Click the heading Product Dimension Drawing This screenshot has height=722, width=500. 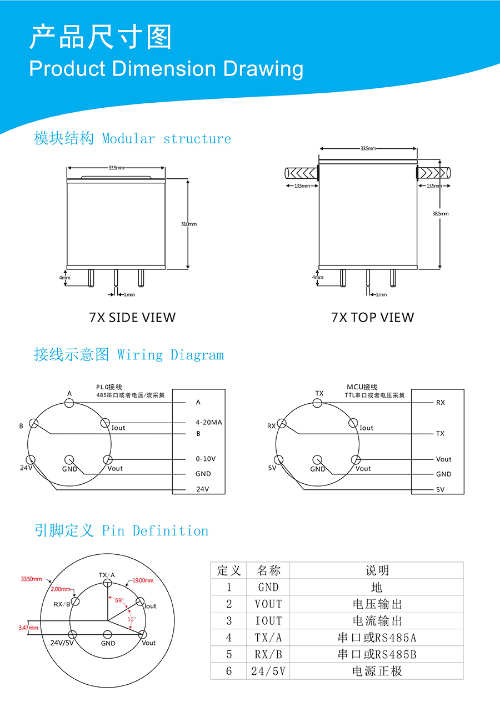(x=166, y=69)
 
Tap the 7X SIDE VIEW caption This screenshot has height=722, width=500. (x=132, y=318)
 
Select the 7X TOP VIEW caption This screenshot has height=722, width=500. (x=372, y=318)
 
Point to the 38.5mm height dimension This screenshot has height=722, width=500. (x=441, y=213)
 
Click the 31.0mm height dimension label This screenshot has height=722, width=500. (x=189, y=224)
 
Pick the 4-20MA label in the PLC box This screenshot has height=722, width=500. (x=209, y=422)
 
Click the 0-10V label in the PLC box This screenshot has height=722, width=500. (x=206, y=459)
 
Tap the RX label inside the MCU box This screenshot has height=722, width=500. (x=441, y=403)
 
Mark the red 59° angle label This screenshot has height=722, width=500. (x=119, y=600)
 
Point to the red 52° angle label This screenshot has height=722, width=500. (x=132, y=619)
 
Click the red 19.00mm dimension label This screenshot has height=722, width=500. (x=143, y=580)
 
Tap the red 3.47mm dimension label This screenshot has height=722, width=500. (x=28, y=628)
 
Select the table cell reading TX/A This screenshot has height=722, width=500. (x=268, y=638)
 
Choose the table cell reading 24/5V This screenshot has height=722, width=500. (x=268, y=671)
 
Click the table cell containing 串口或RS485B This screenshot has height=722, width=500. (x=377, y=654)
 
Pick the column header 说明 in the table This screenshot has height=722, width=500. (x=377, y=570)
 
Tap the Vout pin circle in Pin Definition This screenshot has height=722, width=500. (x=143, y=634)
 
